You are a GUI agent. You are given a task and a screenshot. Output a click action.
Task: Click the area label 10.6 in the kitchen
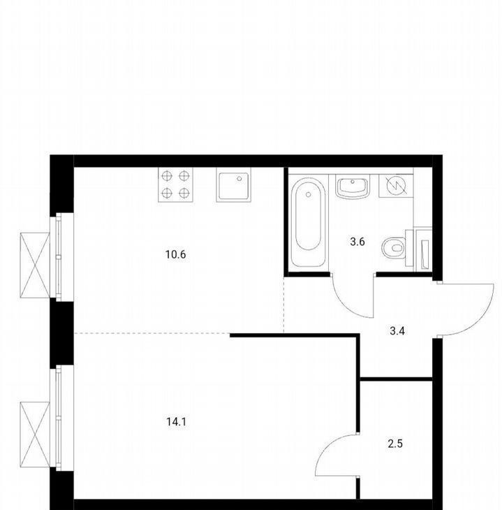coord(175,254)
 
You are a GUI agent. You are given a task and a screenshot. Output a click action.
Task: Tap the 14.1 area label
coord(176,422)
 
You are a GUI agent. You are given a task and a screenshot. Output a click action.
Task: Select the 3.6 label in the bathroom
coord(357,242)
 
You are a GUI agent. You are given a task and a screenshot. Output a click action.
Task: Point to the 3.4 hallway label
coord(397,331)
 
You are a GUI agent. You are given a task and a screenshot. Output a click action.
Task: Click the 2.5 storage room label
coord(395,444)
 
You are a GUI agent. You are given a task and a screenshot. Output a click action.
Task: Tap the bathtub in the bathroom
coord(308,222)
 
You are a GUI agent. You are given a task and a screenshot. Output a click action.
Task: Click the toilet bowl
coord(394,249)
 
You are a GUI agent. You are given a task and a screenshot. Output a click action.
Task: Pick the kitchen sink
coord(234,185)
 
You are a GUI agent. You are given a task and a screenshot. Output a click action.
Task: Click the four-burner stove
coord(175,184)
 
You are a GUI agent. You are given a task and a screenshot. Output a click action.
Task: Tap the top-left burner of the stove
coord(167,176)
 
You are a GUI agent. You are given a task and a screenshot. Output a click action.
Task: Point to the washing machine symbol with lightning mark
coord(396,186)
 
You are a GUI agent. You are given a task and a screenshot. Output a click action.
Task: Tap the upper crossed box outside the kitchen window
coord(35,265)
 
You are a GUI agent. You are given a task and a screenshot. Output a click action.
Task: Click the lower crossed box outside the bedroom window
coord(35,435)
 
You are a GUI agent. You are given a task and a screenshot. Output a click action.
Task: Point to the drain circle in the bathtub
coord(308,194)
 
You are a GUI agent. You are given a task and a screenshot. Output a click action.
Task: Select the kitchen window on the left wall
coord(61,257)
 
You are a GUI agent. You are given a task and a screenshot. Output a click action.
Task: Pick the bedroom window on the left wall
coord(61,418)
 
